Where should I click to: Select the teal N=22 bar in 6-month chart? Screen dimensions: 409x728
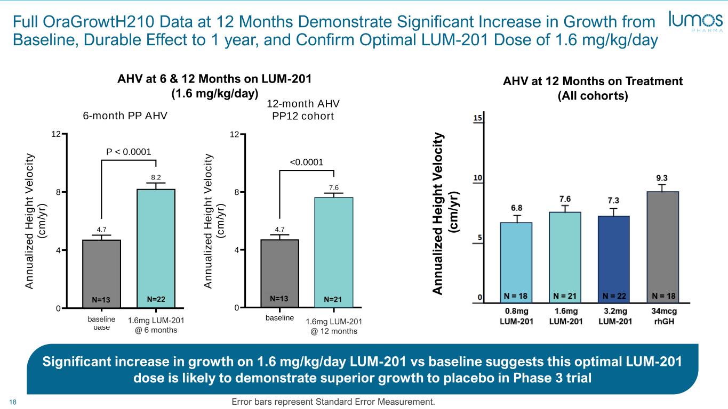click(156, 248)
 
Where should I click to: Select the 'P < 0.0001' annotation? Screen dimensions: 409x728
click(129, 152)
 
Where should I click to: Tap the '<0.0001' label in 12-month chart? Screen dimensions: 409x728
click(306, 162)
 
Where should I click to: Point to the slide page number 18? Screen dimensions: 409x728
click(14, 402)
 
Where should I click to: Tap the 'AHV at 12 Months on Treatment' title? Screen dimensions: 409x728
click(593, 81)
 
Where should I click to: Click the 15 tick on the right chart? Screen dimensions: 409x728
click(478, 118)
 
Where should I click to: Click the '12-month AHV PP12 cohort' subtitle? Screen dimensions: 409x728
click(303, 110)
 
